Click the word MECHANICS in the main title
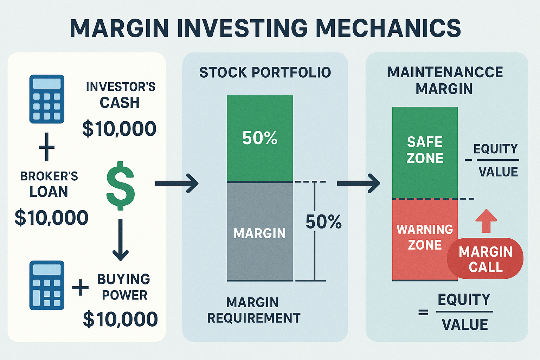click(388, 28)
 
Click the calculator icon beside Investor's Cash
click(47, 99)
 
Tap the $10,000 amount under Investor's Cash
click(119, 129)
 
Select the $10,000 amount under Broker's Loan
click(51, 218)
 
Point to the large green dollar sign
click(121, 186)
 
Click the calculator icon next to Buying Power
click(47, 285)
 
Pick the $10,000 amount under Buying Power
click(120, 319)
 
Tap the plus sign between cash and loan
click(47, 147)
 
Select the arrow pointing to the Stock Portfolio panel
click(177, 183)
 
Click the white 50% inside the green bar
click(260, 138)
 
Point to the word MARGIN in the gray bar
click(260, 233)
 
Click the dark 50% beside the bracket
click(323, 222)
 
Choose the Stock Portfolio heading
click(265, 72)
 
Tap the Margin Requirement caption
click(253, 310)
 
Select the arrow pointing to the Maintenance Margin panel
click(359, 183)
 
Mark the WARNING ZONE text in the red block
click(425, 237)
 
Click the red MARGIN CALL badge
click(485, 259)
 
